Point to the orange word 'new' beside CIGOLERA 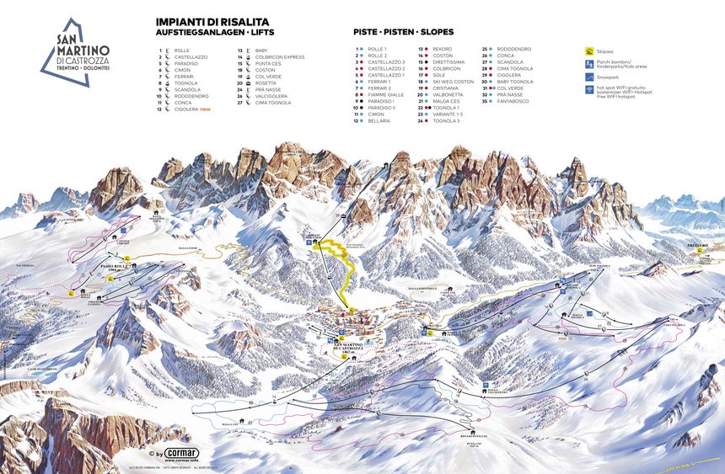(206, 109)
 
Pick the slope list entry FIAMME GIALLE (384, 95)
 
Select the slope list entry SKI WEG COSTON (453, 82)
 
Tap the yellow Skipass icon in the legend (589, 51)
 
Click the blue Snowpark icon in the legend (589, 76)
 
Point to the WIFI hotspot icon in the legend (589, 88)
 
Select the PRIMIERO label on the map (695, 245)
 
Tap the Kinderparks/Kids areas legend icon (589, 63)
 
